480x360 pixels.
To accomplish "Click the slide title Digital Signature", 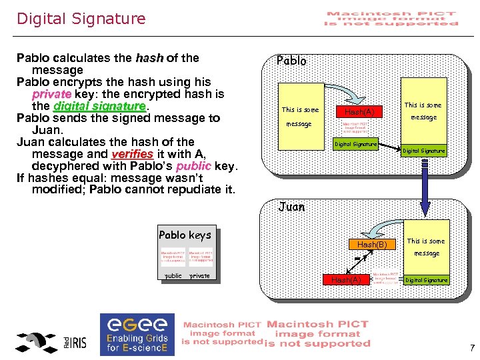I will (x=81, y=19).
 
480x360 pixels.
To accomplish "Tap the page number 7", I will (x=471, y=347).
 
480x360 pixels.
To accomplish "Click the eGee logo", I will (x=137, y=333).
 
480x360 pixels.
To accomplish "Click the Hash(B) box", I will (x=373, y=245).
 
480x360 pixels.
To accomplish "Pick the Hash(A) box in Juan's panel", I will (x=346, y=280).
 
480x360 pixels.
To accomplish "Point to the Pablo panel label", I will (x=291, y=61).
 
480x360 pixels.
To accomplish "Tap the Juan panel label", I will (x=291, y=207).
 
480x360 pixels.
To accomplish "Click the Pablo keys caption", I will (x=185, y=235).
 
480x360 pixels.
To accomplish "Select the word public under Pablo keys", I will (x=173, y=275).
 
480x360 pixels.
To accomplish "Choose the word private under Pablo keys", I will (x=199, y=275).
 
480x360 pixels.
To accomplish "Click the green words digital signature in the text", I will (x=99, y=106).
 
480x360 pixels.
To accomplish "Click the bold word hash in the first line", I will (x=149, y=58).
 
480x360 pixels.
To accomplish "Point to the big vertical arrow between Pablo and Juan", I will (x=424, y=183).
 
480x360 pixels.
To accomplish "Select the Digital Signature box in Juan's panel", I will (x=427, y=280).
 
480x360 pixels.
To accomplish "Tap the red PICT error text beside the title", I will (x=391, y=19).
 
